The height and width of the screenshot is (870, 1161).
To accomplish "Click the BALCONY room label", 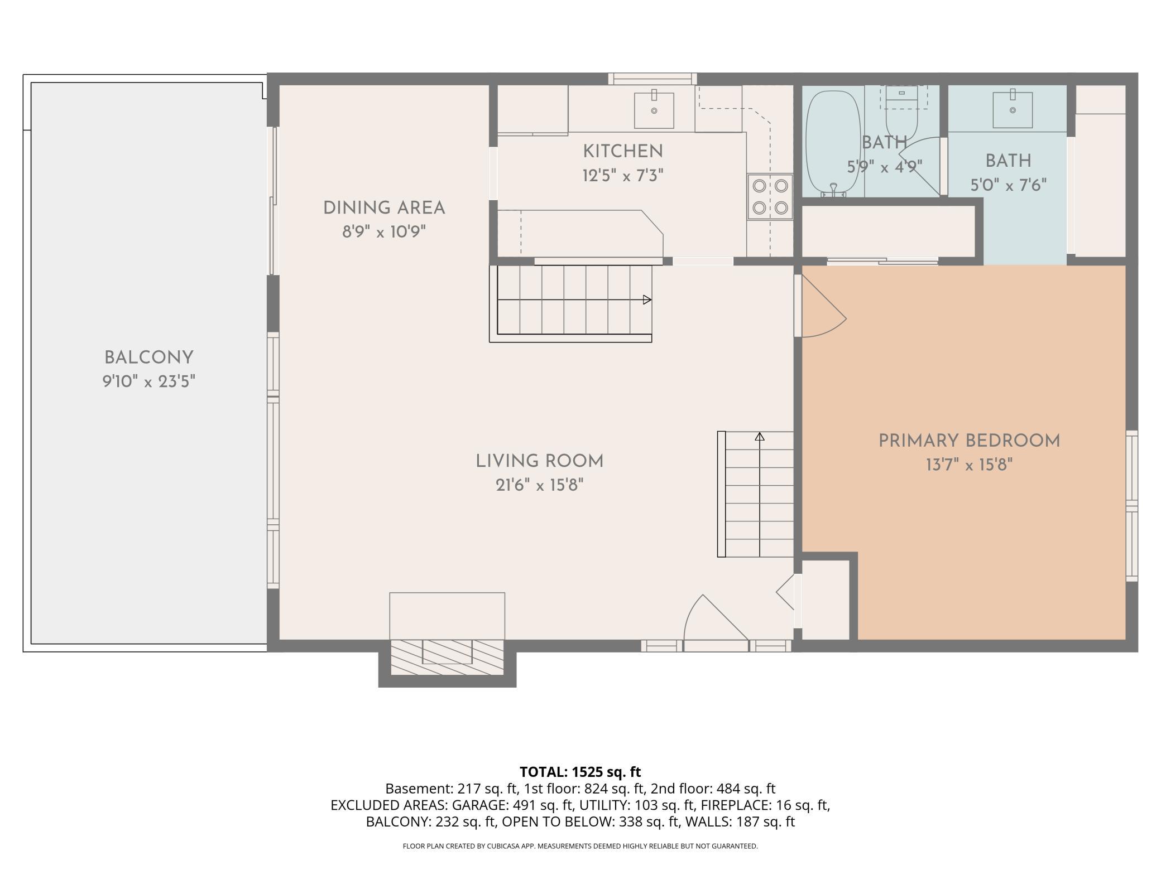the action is [x=149, y=357].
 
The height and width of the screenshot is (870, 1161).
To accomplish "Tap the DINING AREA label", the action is [x=384, y=208].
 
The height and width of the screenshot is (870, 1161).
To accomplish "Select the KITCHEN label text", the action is [x=623, y=151].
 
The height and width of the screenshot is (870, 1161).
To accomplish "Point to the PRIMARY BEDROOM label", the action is [x=970, y=441].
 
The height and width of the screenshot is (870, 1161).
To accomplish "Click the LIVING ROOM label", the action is [x=540, y=461].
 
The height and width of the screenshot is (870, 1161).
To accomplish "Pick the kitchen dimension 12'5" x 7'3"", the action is [x=623, y=176].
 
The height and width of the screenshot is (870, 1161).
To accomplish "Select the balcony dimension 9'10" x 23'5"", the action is [x=149, y=381].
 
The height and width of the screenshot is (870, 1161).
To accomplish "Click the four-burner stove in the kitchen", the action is [x=770, y=197].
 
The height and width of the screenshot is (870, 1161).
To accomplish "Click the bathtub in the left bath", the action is [x=834, y=144].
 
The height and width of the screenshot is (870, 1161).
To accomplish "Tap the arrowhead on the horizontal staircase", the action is [x=647, y=300].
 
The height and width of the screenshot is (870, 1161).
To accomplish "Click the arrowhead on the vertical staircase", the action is [x=760, y=437].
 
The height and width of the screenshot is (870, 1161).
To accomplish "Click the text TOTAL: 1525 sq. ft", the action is [x=580, y=772].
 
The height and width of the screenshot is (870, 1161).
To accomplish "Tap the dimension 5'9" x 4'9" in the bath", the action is [x=885, y=167].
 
